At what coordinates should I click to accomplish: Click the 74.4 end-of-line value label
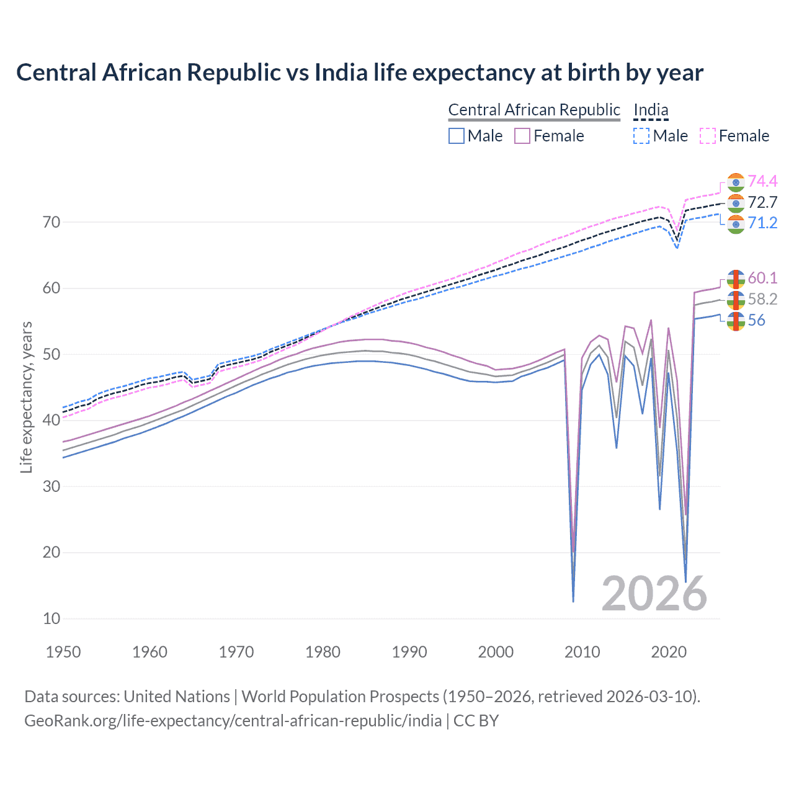(762, 181)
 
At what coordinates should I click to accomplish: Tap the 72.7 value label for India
(762, 202)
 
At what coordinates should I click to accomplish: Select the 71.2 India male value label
(762, 223)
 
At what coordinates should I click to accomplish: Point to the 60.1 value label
(762, 278)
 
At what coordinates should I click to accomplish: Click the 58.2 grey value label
(762, 299)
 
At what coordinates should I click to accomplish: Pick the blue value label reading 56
(756, 320)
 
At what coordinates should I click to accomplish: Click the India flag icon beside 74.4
(736, 182)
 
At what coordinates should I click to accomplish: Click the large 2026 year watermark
(654, 594)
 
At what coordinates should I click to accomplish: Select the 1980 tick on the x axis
(323, 652)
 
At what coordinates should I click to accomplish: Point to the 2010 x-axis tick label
(582, 652)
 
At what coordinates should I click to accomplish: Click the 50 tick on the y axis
(51, 354)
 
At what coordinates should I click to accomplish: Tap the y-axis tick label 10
(51, 618)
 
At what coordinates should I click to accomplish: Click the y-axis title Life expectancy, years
(26, 397)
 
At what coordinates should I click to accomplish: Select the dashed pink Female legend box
(708, 136)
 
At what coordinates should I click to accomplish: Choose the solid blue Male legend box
(457, 136)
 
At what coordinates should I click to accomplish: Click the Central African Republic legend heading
(533, 110)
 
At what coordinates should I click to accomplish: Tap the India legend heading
(651, 110)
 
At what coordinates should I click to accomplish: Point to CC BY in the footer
(476, 721)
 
